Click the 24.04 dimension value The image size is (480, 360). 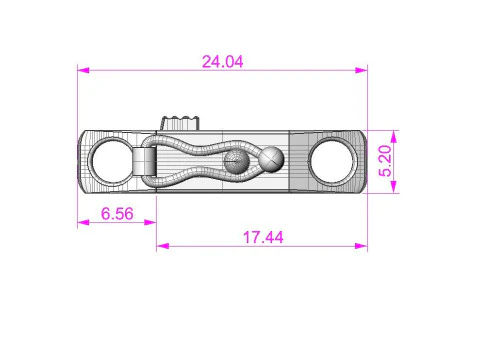click(x=223, y=62)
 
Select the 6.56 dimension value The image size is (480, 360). click(x=117, y=213)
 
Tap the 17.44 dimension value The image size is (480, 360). click(x=263, y=237)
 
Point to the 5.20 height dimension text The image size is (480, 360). click(x=385, y=161)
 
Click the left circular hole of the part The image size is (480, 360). click(x=112, y=161)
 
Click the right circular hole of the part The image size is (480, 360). click(x=332, y=161)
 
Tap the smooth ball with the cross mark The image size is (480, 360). click(x=272, y=159)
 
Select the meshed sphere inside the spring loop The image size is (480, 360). click(x=236, y=162)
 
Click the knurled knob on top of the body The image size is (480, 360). click(x=180, y=123)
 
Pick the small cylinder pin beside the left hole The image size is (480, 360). click(x=145, y=161)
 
